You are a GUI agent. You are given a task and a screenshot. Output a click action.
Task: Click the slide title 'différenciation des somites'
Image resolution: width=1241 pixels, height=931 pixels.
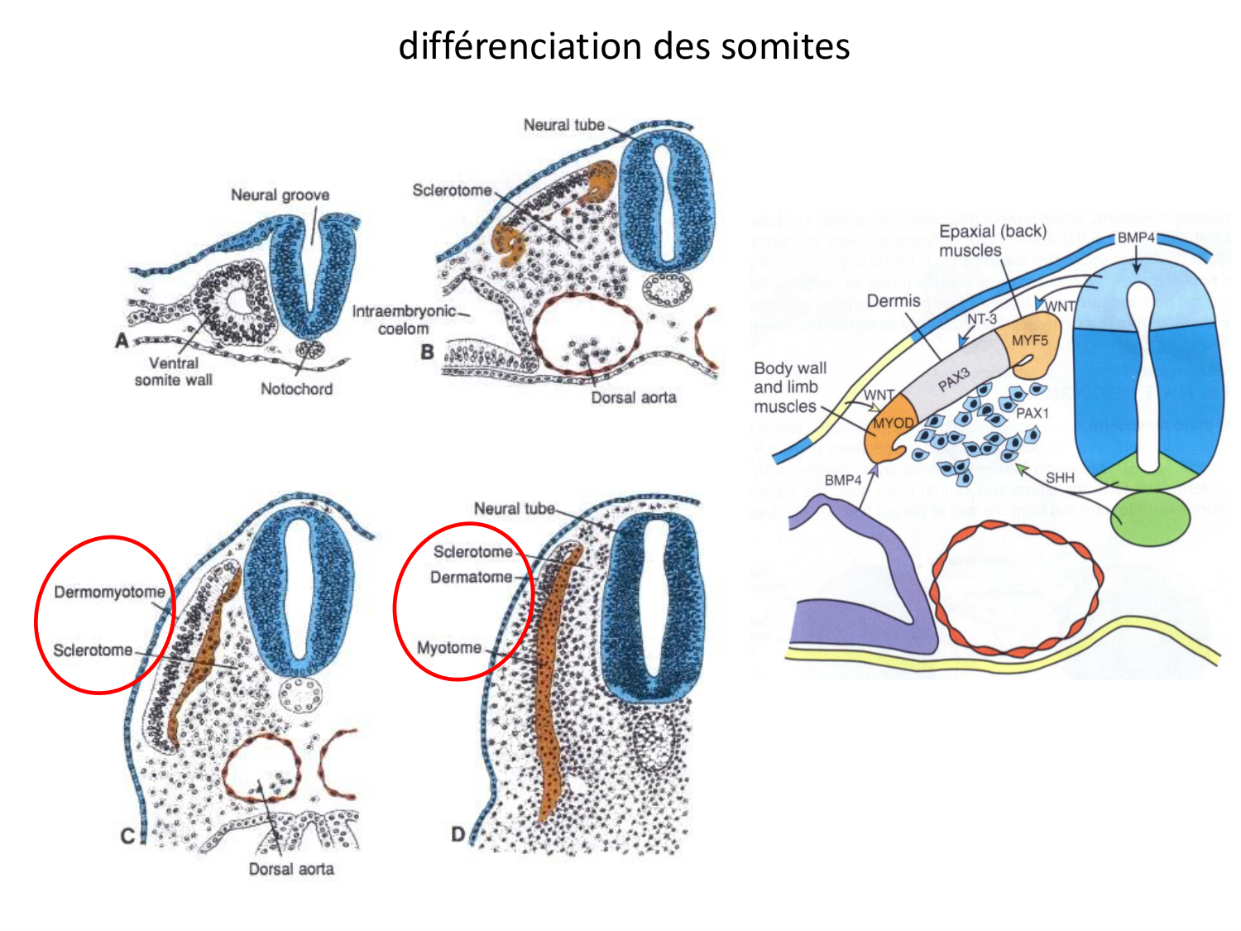(x=624, y=46)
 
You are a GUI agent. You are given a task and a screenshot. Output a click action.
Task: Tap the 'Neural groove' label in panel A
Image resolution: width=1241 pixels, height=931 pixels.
(x=280, y=195)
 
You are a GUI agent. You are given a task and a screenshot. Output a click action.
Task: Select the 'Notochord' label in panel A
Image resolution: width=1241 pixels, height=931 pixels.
(x=296, y=389)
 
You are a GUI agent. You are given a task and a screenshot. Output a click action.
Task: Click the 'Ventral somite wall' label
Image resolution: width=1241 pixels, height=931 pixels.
(x=174, y=372)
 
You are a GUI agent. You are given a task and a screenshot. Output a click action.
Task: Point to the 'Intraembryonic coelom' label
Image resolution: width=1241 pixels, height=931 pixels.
(x=404, y=320)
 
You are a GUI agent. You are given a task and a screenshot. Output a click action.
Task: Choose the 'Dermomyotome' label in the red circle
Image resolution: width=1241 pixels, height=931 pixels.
(x=109, y=593)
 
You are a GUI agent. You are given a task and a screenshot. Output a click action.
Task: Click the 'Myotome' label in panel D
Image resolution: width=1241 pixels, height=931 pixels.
(x=449, y=647)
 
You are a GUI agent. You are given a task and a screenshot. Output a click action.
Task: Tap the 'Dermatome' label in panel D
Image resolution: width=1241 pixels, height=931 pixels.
(x=471, y=577)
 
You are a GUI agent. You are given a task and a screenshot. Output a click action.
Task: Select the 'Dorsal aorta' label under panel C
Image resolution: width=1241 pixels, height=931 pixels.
(x=291, y=869)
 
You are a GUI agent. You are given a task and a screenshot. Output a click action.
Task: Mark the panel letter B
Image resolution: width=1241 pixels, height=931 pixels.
(x=427, y=352)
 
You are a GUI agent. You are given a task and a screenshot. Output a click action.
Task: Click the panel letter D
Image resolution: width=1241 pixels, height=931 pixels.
(x=458, y=833)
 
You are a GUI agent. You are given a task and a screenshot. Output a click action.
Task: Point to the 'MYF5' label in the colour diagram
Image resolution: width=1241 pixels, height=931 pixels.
(x=1030, y=341)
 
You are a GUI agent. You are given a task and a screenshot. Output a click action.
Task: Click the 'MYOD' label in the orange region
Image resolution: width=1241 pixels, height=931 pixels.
(x=894, y=424)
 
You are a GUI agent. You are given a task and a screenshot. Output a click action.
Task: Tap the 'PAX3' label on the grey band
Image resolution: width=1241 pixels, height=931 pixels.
(x=954, y=380)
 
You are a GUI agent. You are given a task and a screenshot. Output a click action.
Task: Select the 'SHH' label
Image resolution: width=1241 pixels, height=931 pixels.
(x=1060, y=477)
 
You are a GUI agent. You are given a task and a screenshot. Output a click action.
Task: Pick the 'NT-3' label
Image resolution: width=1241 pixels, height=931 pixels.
(x=982, y=319)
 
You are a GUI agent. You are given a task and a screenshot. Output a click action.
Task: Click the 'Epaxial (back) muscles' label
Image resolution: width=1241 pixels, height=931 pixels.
(x=992, y=241)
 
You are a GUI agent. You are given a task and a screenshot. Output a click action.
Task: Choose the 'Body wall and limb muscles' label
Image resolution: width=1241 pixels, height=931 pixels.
(x=789, y=387)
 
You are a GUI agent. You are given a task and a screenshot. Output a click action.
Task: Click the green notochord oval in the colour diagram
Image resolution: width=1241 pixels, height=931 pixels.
(x=1151, y=518)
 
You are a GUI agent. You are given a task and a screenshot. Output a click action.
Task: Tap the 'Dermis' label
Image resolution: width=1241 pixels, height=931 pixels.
(x=894, y=301)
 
